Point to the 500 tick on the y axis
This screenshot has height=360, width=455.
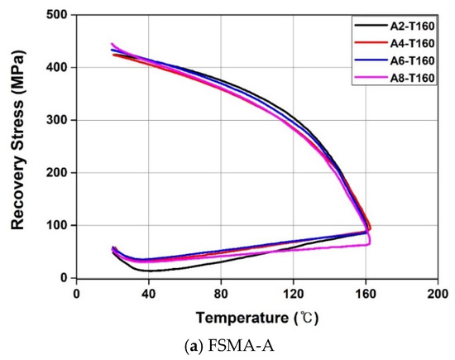tap(56, 15)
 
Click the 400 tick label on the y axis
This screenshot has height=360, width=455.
tap(56, 67)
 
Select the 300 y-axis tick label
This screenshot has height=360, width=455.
tap(56, 120)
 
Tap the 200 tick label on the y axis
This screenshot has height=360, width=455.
tap(56, 173)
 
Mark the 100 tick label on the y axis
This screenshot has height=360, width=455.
tap(56, 225)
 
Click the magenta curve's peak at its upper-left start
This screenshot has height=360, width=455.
tap(112, 44)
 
